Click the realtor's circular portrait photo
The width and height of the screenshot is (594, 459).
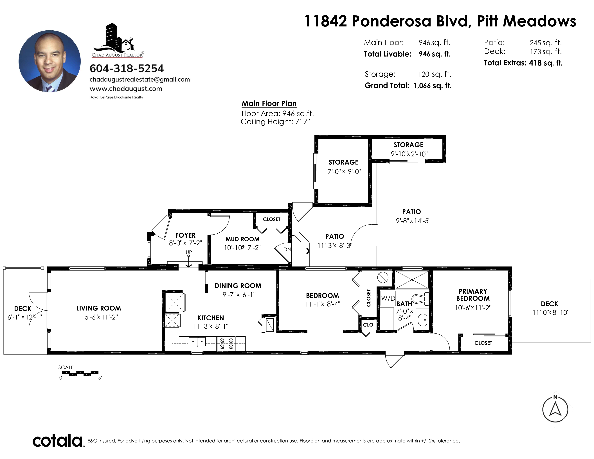tap(49, 61)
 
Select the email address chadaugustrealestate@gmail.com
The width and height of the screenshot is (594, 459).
tap(139, 79)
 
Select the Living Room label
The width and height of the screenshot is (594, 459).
tap(98, 308)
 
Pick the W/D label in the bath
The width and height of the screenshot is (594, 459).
tap(388, 298)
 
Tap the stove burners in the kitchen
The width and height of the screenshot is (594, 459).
tap(226, 343)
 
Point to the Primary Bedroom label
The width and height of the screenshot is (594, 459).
tap(473, 295)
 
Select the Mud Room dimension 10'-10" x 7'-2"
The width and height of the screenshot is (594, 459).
tap(242, 248)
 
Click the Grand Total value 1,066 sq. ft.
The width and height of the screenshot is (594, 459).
tap(432, 86)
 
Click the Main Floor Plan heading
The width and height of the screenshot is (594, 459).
tap(269, 104)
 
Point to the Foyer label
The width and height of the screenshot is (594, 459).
tap(185, 235)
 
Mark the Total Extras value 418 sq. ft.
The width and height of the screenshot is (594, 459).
tap(546, 63)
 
